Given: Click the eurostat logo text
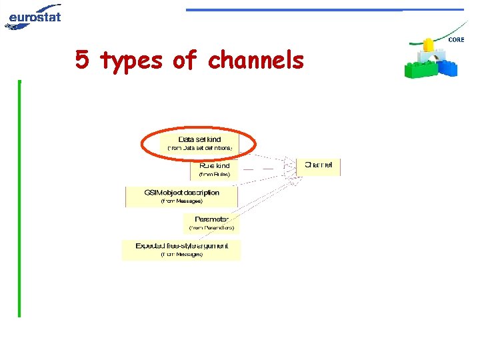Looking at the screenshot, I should pos(35,15).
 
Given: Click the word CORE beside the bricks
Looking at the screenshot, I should pos(457,40).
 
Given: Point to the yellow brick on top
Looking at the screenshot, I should pos(429,45).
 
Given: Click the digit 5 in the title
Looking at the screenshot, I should pos(82,61).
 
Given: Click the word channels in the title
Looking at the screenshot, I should pos(255,61).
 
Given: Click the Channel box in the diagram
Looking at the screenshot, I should pos(319,166).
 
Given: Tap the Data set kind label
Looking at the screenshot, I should pos(200,139).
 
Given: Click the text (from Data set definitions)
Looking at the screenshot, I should pos(200,147).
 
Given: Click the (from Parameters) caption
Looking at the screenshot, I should pos(212,228).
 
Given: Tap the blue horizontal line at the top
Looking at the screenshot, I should pos(324,10).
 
